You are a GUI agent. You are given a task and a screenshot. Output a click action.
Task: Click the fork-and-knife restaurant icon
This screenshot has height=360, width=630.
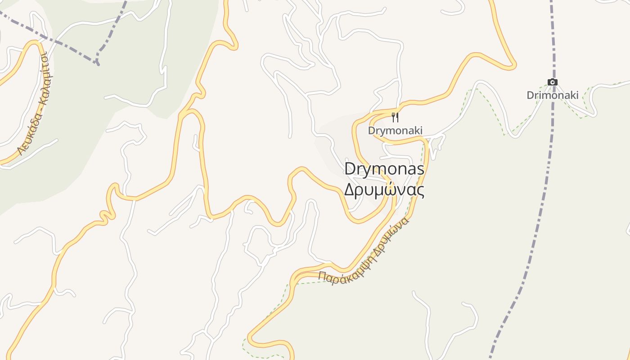(x=395, y=117)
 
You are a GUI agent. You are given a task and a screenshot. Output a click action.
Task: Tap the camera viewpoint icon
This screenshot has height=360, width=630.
(x=553, y=82)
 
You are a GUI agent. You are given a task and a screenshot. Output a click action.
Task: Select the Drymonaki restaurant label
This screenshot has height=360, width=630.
(x=395, y=130)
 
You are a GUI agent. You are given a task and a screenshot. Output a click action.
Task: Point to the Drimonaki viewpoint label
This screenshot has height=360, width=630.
(x=553, y=95)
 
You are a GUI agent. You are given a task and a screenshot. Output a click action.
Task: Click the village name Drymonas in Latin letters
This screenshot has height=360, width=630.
(x=384, y=169)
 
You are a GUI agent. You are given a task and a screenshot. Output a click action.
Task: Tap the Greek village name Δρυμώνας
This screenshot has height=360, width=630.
(x=384, y=189)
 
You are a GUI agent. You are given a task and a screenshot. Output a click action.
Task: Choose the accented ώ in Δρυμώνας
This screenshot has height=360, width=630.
(x=393, y=189)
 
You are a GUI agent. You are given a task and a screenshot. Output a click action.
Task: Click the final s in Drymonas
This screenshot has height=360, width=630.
(x=420, y=169)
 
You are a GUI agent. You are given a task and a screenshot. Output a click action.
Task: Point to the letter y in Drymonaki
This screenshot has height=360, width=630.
(x=379, y=131)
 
